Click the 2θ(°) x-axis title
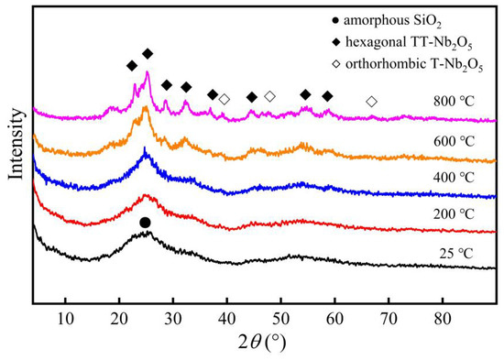tap(258, 345)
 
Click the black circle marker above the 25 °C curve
tap(145, 223)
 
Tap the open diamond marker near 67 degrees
tap(371, 102)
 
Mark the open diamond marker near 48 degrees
tap(269, 96)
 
